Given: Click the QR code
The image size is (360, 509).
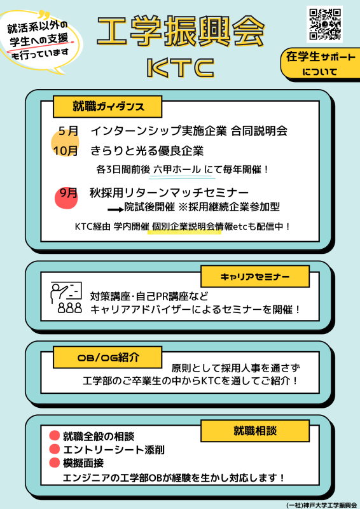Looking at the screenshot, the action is pos(324,24).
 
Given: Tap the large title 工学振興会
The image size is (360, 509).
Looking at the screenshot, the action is pos(181,31).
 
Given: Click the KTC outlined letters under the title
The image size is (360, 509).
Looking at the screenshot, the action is pos(181,68).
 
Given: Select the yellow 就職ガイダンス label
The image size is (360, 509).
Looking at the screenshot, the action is pos(107,107).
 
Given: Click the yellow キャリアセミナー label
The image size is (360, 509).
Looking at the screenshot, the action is pos(255,277).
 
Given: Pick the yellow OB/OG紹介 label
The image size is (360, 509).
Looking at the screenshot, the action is pos(107,357).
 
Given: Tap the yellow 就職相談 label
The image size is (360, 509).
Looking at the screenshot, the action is pos(255,431).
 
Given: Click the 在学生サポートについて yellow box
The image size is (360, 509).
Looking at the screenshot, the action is pos(320,64).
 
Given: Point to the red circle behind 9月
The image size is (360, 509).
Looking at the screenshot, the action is pos(66,197).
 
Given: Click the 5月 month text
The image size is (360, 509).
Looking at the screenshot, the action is pos(69,131).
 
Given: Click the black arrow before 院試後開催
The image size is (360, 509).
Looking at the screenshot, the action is pos(116,210).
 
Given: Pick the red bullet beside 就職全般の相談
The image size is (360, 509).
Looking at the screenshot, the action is pos(55,436).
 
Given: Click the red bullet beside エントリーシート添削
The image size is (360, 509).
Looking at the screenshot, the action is pos(55,449).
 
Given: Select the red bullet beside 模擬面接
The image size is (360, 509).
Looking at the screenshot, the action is pos(55,463).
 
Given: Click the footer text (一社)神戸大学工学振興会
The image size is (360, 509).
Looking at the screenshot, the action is pos(321,505).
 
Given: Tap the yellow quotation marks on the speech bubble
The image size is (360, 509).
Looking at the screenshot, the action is pos(43,15).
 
